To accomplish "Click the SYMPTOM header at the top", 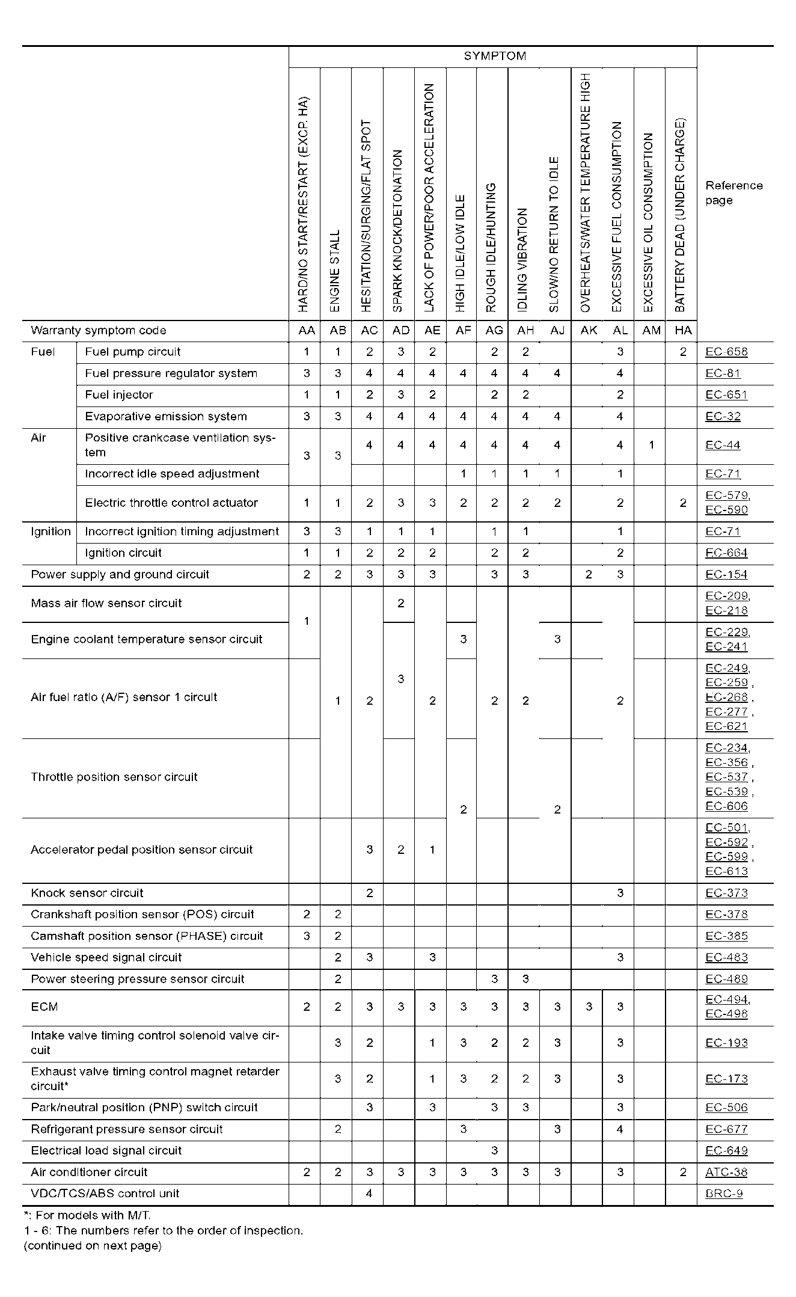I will pyautogui.click(x=494, y=57).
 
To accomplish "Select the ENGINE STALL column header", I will pyautogui.click(x=335, y=270).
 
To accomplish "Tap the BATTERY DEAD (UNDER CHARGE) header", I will pyautogui.click(x=680, y=215).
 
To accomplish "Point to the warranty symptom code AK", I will pyautogui.click(x=589, y=331).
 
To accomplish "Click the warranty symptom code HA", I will pyautogui.click(x=683, y=331).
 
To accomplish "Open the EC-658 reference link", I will pyautogui.click(x=726, y=352).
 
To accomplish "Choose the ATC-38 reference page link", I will pyautogui.click(x=726, y=1172).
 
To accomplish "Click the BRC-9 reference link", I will pyautogui.click(x=724, y=1194).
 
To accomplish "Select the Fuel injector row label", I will pyautogui.click(x=119, y=395).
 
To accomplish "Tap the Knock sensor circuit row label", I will pyautogui.click(x=87, y=893).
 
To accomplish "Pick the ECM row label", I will pyautogui.click(x=44, y=1007).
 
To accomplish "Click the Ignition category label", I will pyautogui.click(x=51, y=532).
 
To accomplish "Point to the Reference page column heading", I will pyautogui.click(x=733, y=192).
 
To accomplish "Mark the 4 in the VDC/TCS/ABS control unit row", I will pyautogui.click(x=369, y=1194).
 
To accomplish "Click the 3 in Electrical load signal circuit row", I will pyautogui.click(x=494, y=1150).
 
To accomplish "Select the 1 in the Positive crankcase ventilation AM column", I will pyautogui.click(x=651, y=446).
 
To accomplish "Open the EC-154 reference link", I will pyautogui.click(x=726, y=575).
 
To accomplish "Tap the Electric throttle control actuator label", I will pyautogui.click(x=171, y=503).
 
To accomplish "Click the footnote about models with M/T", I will pyautogui.click(x=87, y=1215).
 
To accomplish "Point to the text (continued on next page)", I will pyautogui.click(x=93, y=1245).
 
